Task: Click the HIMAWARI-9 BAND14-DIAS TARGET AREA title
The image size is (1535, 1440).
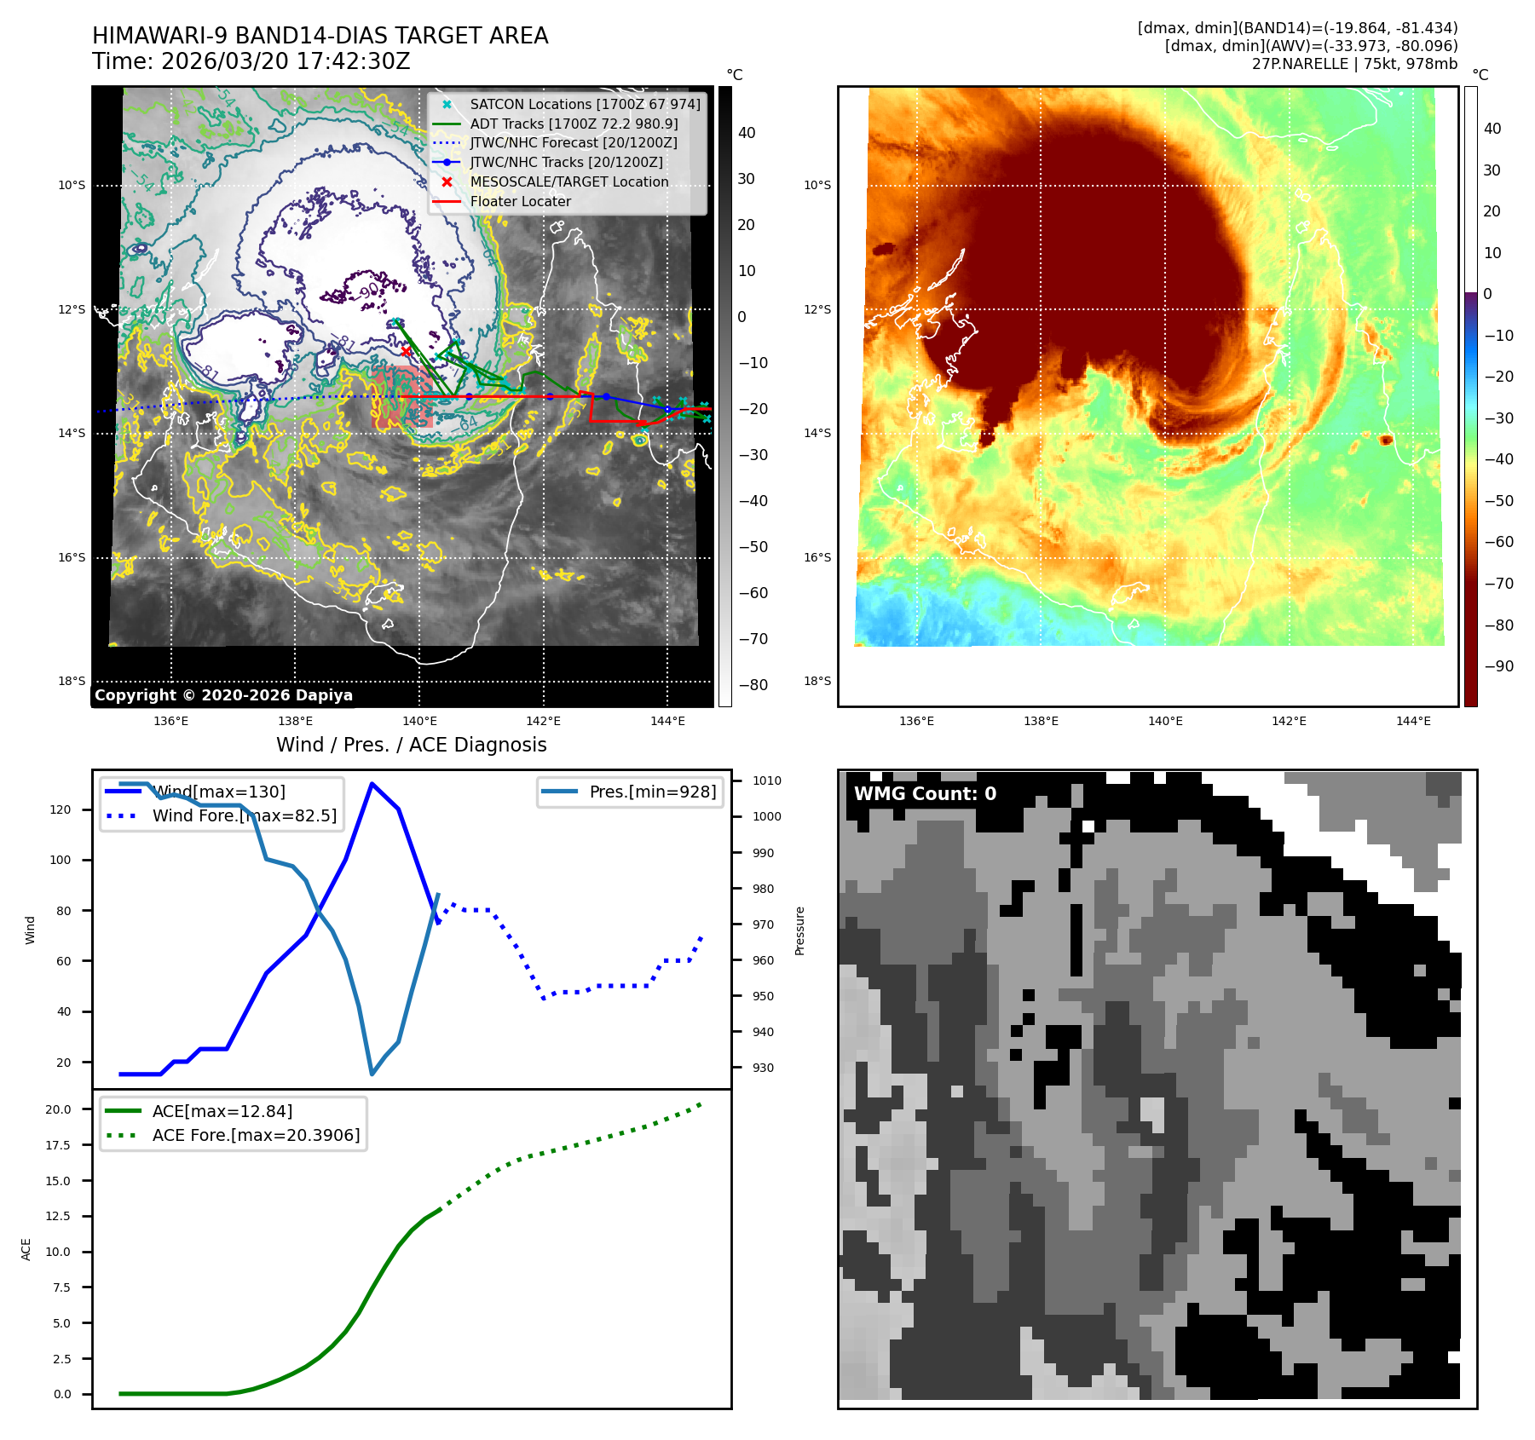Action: click(320, 36)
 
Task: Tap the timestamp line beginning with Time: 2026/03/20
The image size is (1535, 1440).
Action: click(251, 61)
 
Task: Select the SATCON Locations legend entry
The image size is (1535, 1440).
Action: click(585, 104)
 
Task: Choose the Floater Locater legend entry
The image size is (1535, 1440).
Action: click(520, 201)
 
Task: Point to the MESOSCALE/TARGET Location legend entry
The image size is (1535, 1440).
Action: click(568, 181)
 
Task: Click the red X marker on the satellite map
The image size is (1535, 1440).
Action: click(406, 351)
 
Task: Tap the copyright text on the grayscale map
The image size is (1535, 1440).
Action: click(223, 695)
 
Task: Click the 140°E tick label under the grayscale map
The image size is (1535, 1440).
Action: click(419, 722)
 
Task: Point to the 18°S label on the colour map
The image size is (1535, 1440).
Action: click(817, 681)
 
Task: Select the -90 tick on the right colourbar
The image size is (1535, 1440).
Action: click(1498, 666)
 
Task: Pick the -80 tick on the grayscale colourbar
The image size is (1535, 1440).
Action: click(753, 685)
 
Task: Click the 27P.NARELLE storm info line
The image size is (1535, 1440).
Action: click(1354, 64)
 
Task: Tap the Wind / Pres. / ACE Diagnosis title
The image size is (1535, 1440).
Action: click(411, 745)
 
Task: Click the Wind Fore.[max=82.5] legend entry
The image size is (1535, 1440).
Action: click(244, 815)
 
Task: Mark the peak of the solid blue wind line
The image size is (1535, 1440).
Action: click(372, 783)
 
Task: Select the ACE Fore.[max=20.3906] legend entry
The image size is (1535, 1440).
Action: click(256, 1135)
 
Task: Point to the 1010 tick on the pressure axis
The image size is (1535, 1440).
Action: click(766, 780)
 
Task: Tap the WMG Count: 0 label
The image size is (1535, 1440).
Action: click(925, 794)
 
